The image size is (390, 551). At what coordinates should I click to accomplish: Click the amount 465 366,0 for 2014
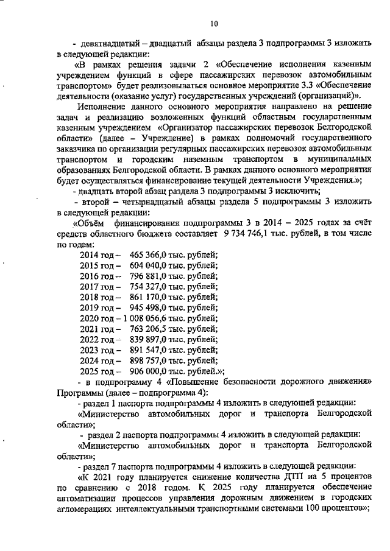coord(149,256)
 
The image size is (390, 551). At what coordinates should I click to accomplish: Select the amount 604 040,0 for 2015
coord(149,267)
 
